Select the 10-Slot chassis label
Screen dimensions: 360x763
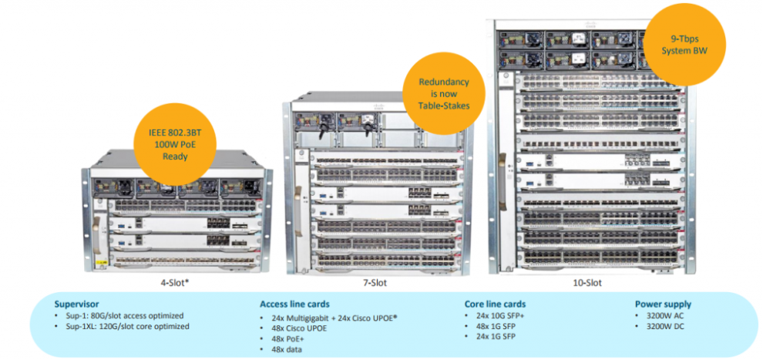pos(588,283)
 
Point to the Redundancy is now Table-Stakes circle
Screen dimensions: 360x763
pos(443,93)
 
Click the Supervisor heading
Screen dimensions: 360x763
pos(77,304)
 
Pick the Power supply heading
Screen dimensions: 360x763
pos(663,304)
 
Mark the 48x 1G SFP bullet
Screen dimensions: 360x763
pos(495,326)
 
